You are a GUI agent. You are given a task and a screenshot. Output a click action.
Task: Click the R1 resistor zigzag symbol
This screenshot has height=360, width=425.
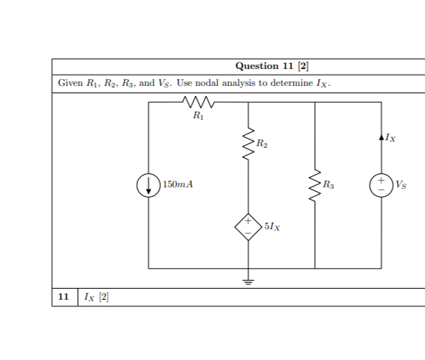click(x=197, y=101)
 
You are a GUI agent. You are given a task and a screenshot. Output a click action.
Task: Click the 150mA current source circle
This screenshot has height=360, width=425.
click(x=148, y=185)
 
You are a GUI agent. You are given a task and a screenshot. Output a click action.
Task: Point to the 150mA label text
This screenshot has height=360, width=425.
click(x=178, y=184)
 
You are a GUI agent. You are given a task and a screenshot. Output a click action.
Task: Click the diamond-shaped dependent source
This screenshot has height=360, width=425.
click(x=247, y=227)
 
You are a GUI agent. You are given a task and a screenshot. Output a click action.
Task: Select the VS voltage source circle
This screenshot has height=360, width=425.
click(x=381, y=185)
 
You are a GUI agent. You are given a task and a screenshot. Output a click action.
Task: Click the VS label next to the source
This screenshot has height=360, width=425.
click(x=401, y=184)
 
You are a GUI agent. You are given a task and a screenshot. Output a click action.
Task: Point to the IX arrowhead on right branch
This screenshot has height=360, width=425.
click(x=381, y=137)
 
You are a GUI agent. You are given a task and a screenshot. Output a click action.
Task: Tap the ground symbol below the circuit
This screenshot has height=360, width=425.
click(x=247, y=281)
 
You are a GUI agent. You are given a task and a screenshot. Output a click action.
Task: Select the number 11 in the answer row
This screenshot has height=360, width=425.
click(x=64, y=297)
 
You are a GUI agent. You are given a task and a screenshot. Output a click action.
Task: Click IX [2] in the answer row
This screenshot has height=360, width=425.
click(x=96, y=297)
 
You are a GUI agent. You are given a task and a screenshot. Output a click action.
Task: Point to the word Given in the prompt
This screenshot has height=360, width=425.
click(x=70, y=83)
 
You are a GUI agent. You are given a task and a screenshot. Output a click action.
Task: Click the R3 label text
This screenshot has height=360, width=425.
click(x=329, y=184)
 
